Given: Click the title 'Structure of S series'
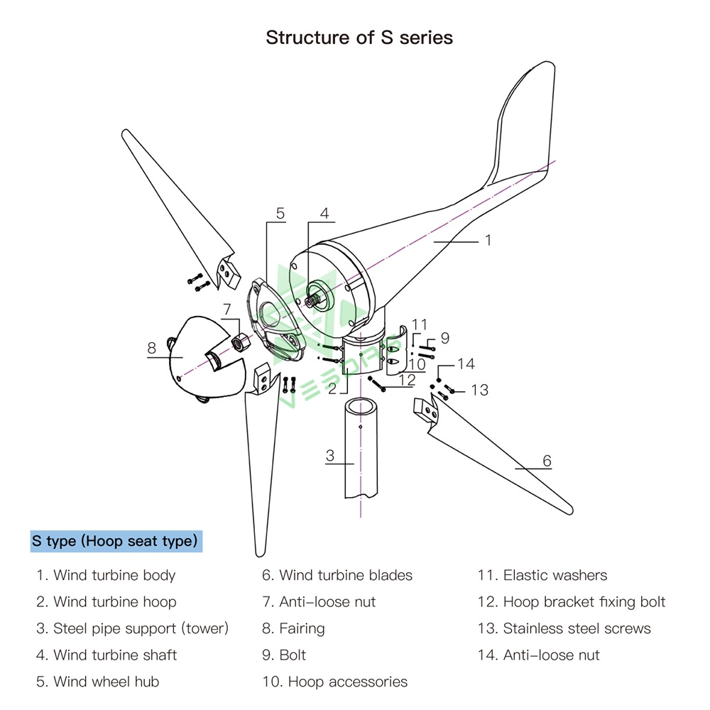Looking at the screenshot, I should [x=359, y=38].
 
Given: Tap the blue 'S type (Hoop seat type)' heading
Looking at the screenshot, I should [x=115, y=541].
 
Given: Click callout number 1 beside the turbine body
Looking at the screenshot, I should [x=488, y=241].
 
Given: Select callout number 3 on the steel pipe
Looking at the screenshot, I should [x=330, y=456].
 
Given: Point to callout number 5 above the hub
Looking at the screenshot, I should [x=280, y=213].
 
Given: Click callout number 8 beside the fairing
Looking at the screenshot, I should [x=151, y=348].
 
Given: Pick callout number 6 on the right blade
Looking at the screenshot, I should [x=547, y=461].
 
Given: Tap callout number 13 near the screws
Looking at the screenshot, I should [x=480, y=390].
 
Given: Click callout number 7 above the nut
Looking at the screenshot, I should [x=227, y=309].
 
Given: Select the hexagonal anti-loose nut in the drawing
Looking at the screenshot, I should [x=239, y=341].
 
